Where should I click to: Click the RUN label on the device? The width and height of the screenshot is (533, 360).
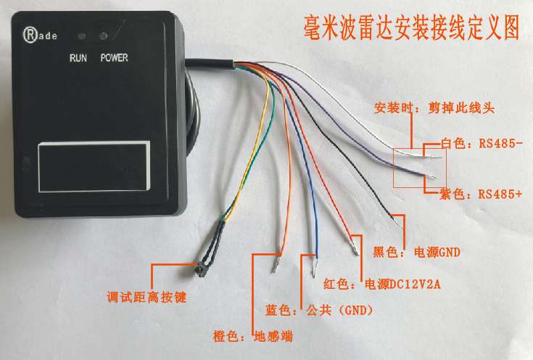[x=78, y=58]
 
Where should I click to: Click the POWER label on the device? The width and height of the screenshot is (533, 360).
[x=115, y=58]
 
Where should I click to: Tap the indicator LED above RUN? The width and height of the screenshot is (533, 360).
[x=81, y=36]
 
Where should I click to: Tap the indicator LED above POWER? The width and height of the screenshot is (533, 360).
[x=103, y=36]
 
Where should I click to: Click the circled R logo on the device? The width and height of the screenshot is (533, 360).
[x=30, y=35]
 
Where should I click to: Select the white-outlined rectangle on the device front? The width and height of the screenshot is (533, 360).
[x=94, y=166]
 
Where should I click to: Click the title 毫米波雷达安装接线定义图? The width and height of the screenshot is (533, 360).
[x=411, y=28]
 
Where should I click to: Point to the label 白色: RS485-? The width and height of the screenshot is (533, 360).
[x=482, y=143]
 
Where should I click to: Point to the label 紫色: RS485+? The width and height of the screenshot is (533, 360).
[x=481, y=195]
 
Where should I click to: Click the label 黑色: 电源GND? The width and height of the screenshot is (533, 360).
[x=417, y=252]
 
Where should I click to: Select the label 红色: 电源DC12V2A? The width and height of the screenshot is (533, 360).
[x=381, y=284]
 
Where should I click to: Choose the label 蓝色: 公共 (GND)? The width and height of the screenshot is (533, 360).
[x=319, y=310]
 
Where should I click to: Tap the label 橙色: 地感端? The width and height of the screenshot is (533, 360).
[x=253, y=336]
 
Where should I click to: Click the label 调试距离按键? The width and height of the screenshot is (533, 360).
[x=146, y=298]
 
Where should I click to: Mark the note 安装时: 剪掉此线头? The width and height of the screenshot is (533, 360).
[x=434, y=108]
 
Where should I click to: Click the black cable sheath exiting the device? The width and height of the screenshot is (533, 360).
[x=210, y=64]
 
